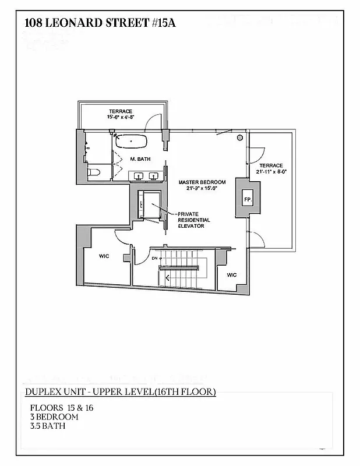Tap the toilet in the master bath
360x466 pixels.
click(x=92, y=172)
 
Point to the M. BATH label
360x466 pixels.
click(x=140, y=159)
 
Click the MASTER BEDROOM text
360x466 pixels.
click(x=202, y=182)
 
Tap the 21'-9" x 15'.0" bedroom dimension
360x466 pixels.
click(x=202, y=189)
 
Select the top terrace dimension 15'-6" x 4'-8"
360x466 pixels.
click(x=120, y=117)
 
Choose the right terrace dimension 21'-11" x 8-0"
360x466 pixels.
click(x=274, y=171)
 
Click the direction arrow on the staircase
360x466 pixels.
click(x=168, y=278)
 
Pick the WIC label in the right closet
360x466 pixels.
click(x=231, y=274)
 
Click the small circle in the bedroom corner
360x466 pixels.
click(x=239, y=138)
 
